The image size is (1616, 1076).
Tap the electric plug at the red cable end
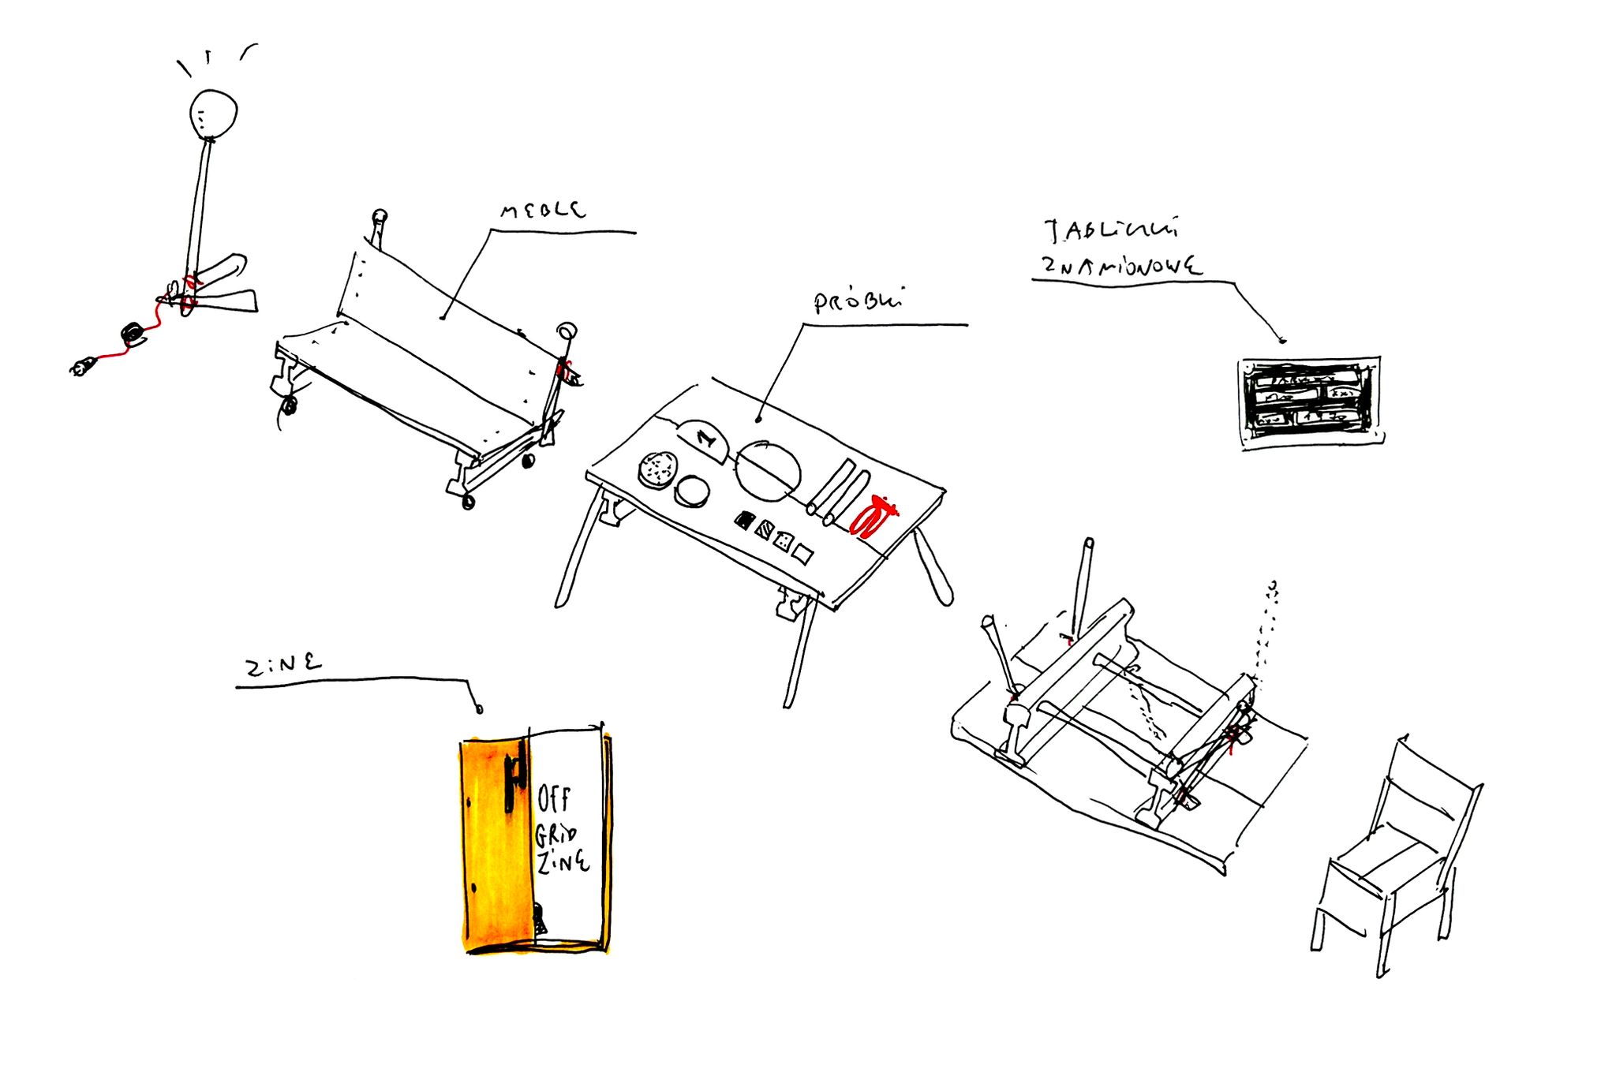click(x=83, y=366)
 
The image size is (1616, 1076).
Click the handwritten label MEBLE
click(x=543, y=210)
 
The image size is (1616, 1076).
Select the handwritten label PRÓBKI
click(x=858, y=301)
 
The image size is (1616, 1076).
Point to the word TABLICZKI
click(x=1111, y=230)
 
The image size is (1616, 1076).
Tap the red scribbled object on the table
click(x=873, y=517)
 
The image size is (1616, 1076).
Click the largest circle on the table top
click(x=768, y=471)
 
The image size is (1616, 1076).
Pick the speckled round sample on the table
click(x=657, y=470)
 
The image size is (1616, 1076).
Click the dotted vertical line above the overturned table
click(x=1267, y=631)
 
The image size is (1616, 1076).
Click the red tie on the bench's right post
click(x=563, y=369)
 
